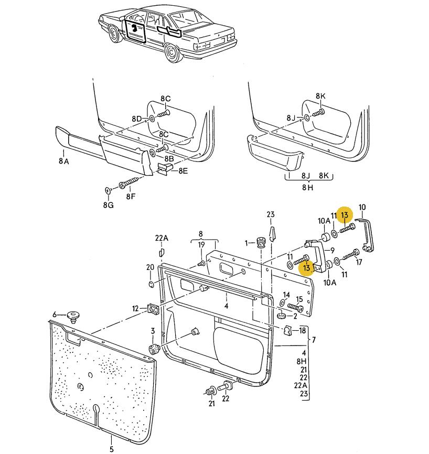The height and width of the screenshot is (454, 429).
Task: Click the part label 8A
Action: (x=64, y=160)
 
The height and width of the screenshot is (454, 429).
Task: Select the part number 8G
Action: (x=109, y=205)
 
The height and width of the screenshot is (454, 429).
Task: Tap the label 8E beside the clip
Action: (x=183, y=171)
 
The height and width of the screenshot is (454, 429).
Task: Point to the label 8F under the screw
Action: (x=131, y=196)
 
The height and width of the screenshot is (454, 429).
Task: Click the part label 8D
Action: (x=137, y=118)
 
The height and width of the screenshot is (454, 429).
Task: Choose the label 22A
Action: (x=162, y=238)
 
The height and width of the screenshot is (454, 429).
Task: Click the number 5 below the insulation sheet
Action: (x=112, y=449)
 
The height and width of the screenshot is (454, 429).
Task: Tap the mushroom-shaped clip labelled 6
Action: (x=73, y=317)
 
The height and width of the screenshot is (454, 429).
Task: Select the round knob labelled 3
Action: (x=154, y=349)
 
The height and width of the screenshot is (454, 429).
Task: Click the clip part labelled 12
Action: (x=153, y=309)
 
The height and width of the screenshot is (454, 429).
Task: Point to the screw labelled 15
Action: (x=295, y=307)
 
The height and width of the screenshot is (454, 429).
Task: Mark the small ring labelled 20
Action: (x=151, y=284)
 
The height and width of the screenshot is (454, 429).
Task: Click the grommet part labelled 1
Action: (x=262, y=242)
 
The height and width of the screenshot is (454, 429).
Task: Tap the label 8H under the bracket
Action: (x=308, y=187)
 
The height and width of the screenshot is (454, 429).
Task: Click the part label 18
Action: (x=302, y=330)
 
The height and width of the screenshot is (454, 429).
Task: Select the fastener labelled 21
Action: (x=211, y=392)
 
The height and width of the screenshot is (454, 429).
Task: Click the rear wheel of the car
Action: (x=171, y=53)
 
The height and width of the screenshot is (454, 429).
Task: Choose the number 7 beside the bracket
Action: (x=314, y=340)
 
